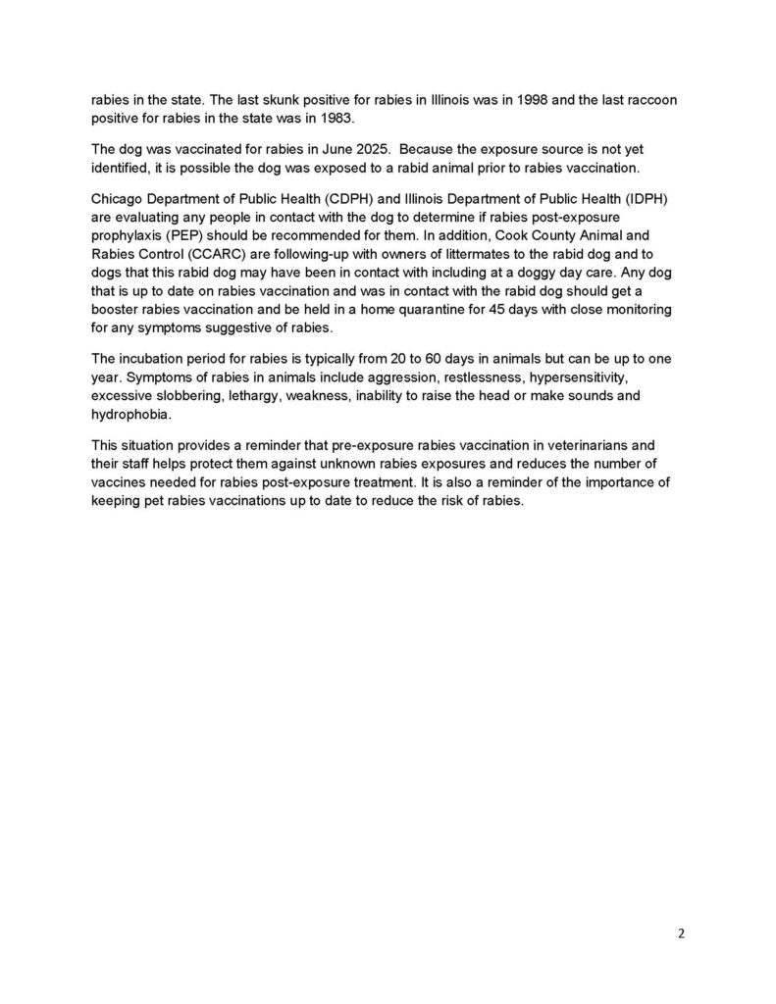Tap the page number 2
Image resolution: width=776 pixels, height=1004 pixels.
coord(681,932)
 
